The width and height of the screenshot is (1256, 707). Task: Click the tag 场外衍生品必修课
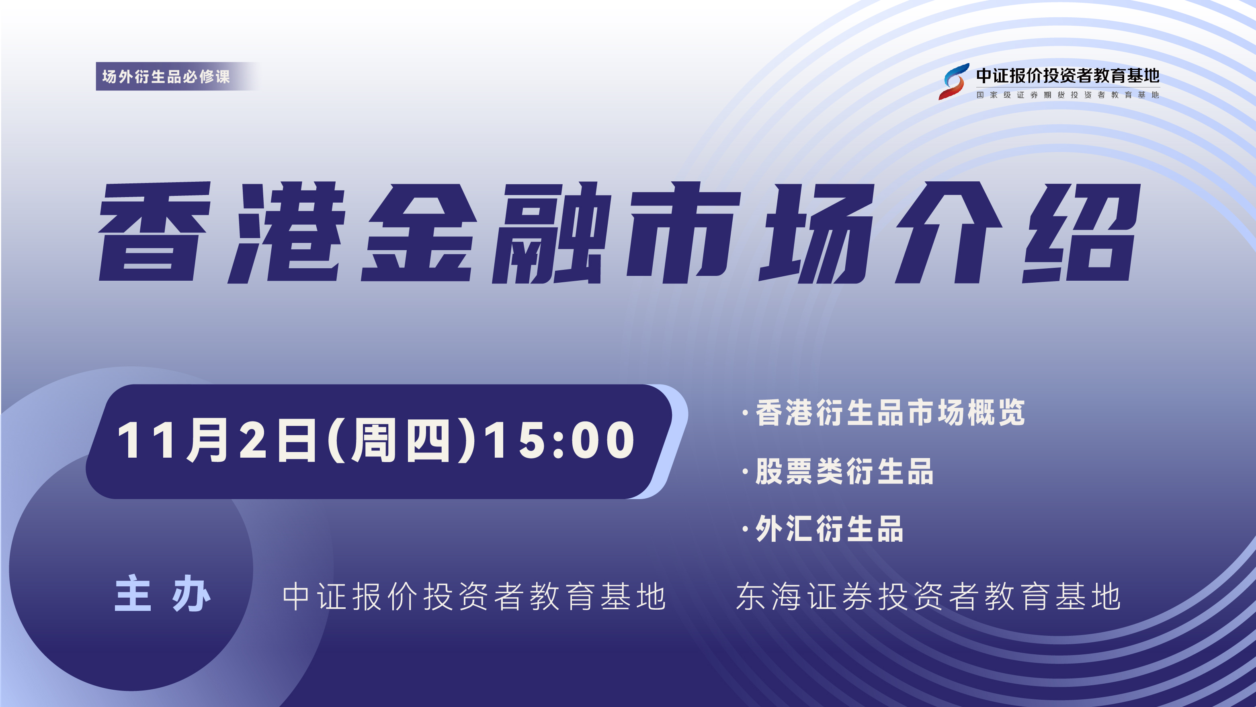166,76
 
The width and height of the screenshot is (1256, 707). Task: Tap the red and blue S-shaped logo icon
954,82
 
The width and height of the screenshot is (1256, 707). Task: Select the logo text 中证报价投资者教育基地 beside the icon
1068,76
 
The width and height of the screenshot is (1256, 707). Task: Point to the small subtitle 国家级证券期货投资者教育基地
1068,95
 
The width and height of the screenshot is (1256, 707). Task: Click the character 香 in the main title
155,231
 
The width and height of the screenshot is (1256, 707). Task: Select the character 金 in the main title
419,232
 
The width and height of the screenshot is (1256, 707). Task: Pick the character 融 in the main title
552,233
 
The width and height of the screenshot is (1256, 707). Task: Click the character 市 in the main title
684,233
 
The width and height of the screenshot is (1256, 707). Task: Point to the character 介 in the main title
949,232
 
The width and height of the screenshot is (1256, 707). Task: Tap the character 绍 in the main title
1082,233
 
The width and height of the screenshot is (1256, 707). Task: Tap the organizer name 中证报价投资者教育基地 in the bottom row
474,596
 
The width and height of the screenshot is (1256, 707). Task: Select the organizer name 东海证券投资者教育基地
928,596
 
